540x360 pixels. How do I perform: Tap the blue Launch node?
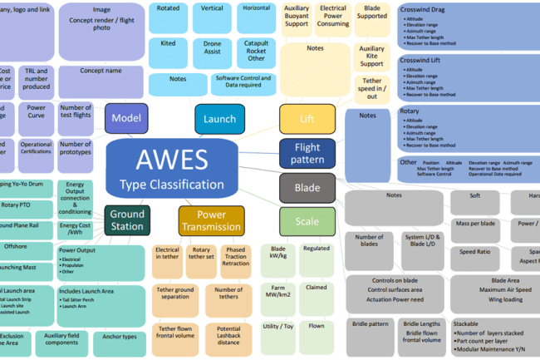click(219, 119)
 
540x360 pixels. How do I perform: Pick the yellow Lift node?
click(307, 120)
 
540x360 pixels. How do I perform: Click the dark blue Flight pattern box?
click(307, 154)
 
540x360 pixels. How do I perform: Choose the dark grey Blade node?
click(307, 188)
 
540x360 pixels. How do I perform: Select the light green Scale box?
click(307, 222)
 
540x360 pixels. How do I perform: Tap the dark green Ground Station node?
click(128, 220)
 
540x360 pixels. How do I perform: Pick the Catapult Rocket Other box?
click(257, 52)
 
